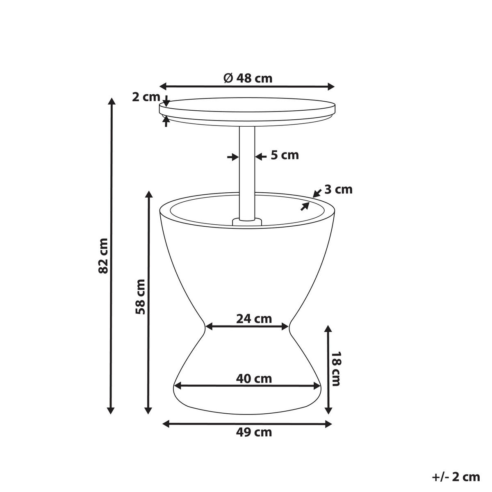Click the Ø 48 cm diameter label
[x=248, y=78]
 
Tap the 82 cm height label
[x=104, y=255]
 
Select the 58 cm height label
[x=141, y=296]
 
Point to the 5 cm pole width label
[x=285, y=155]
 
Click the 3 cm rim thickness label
[x=338, y=189]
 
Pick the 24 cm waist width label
[x=254, y=319]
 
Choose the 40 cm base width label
[x=254, y=379]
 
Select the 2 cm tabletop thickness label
[x=146, y=97]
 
